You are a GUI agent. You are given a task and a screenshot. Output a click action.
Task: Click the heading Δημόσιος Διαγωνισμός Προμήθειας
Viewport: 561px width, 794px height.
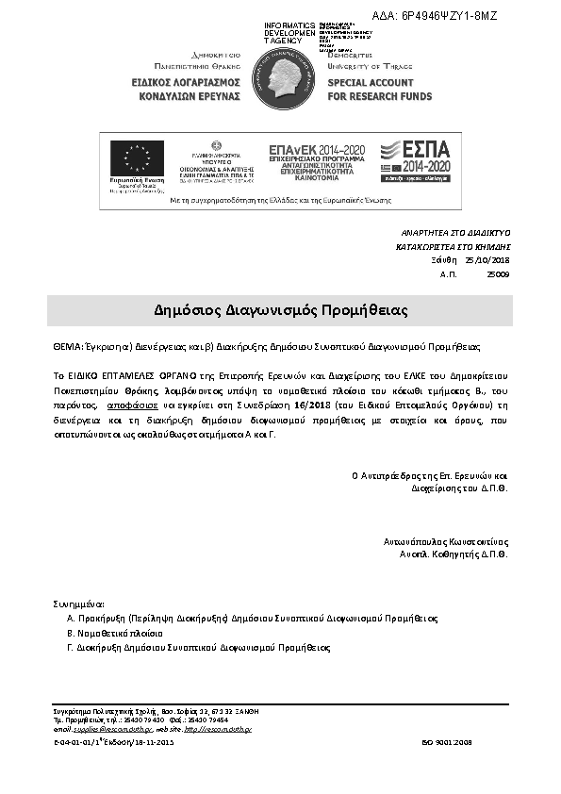point(280,310)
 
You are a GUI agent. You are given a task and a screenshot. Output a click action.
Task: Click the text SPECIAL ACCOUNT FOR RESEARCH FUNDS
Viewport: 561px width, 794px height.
point(379,90)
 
